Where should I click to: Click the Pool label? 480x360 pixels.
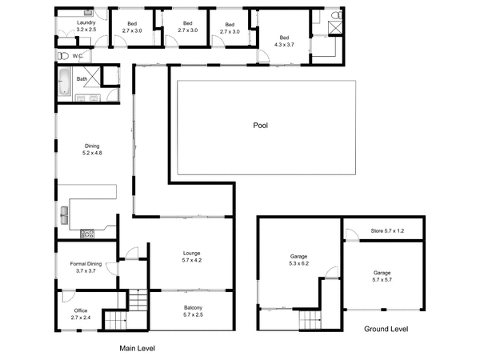[x=260, y=126]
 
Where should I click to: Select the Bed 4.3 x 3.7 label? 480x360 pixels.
[x=284, y=42]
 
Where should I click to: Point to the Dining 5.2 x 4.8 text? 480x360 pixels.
[x=92, y=149]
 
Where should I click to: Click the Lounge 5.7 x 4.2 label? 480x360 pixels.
[x=191, y=256]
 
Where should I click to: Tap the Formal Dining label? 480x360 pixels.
[x=86, y=267]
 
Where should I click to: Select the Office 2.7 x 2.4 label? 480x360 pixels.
[x=81, y=314]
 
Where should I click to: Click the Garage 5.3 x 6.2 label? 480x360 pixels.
[x=299, y=260]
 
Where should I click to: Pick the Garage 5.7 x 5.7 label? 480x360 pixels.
[x=382, y=276]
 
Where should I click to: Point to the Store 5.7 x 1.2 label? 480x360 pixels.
[x=387, y=231]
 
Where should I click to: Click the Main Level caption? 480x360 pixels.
[x=137, y=348]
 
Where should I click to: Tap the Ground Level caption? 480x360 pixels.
[x=386, y=329]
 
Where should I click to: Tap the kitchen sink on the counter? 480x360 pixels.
[x=63, y=214]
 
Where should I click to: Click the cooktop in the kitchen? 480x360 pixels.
[x=87, y=234]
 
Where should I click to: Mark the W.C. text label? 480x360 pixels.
[x=78, y=56]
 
